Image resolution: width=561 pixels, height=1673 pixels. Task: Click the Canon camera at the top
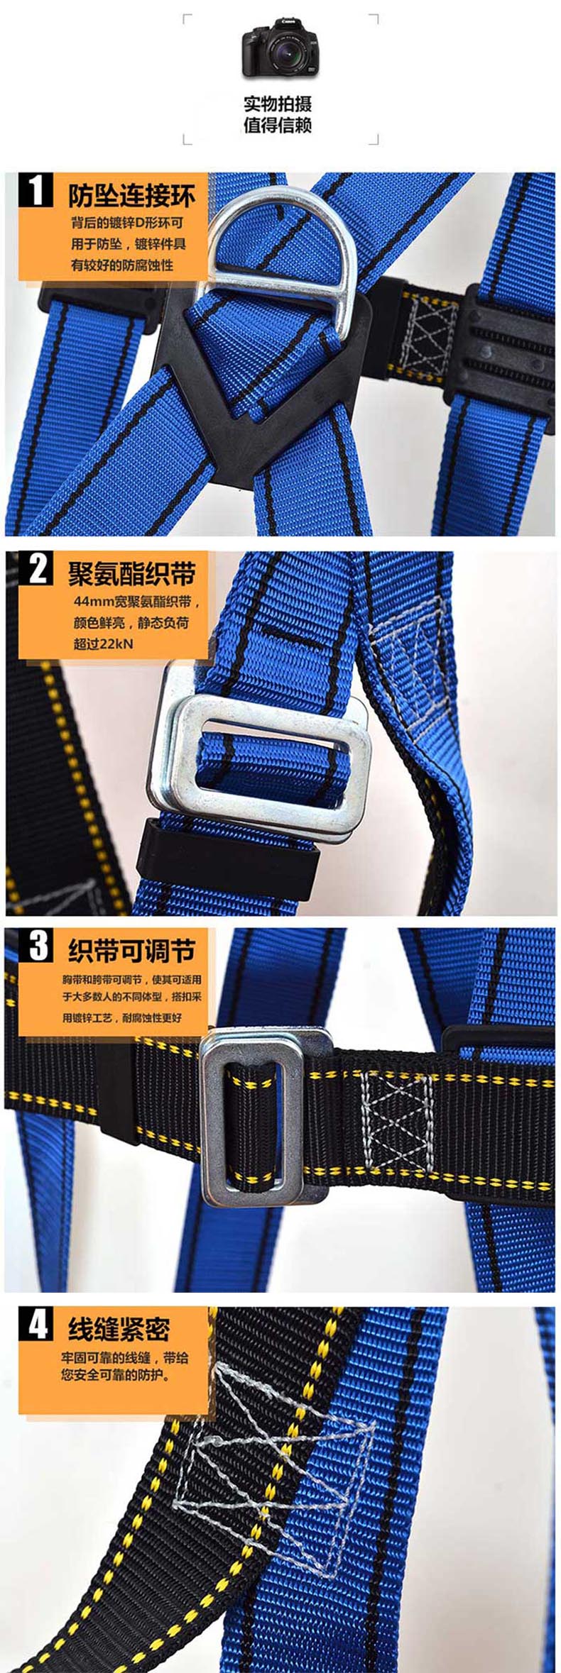click(280, 48)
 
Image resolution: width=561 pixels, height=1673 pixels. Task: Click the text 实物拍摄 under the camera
click(278, 104)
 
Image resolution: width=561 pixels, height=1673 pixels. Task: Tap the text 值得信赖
click(278, 126)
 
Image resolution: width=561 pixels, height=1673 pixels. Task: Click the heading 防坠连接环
click(131, 194)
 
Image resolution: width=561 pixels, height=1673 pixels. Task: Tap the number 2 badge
click(36, 570)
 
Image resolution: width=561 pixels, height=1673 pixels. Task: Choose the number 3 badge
click(36, 947)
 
